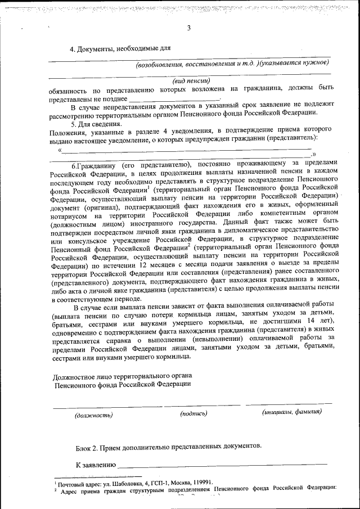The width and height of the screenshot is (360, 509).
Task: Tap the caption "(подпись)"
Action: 193,414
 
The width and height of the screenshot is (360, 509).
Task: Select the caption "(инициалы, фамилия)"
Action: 291,412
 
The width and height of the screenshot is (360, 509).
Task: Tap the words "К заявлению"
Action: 96,465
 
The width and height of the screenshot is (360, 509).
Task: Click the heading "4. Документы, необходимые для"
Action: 120,49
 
